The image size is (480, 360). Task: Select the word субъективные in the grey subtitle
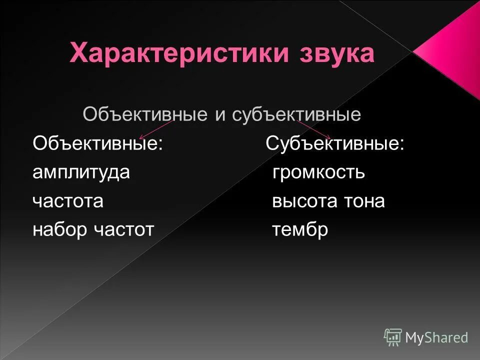click(296, 115)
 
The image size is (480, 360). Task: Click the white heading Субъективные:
click(335, 144)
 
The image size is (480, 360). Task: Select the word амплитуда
click(81, 172)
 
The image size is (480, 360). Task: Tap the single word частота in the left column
click(68, 201)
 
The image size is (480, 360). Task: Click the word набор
click(59, 229)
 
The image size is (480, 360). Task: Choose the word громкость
click(318, 172)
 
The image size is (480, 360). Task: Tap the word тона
click(364, 201)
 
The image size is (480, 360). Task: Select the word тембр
click(300, 229)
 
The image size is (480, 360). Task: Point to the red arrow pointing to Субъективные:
click(314, 129)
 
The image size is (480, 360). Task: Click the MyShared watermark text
click(436, 338)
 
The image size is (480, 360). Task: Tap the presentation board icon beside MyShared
click(393, 337)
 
